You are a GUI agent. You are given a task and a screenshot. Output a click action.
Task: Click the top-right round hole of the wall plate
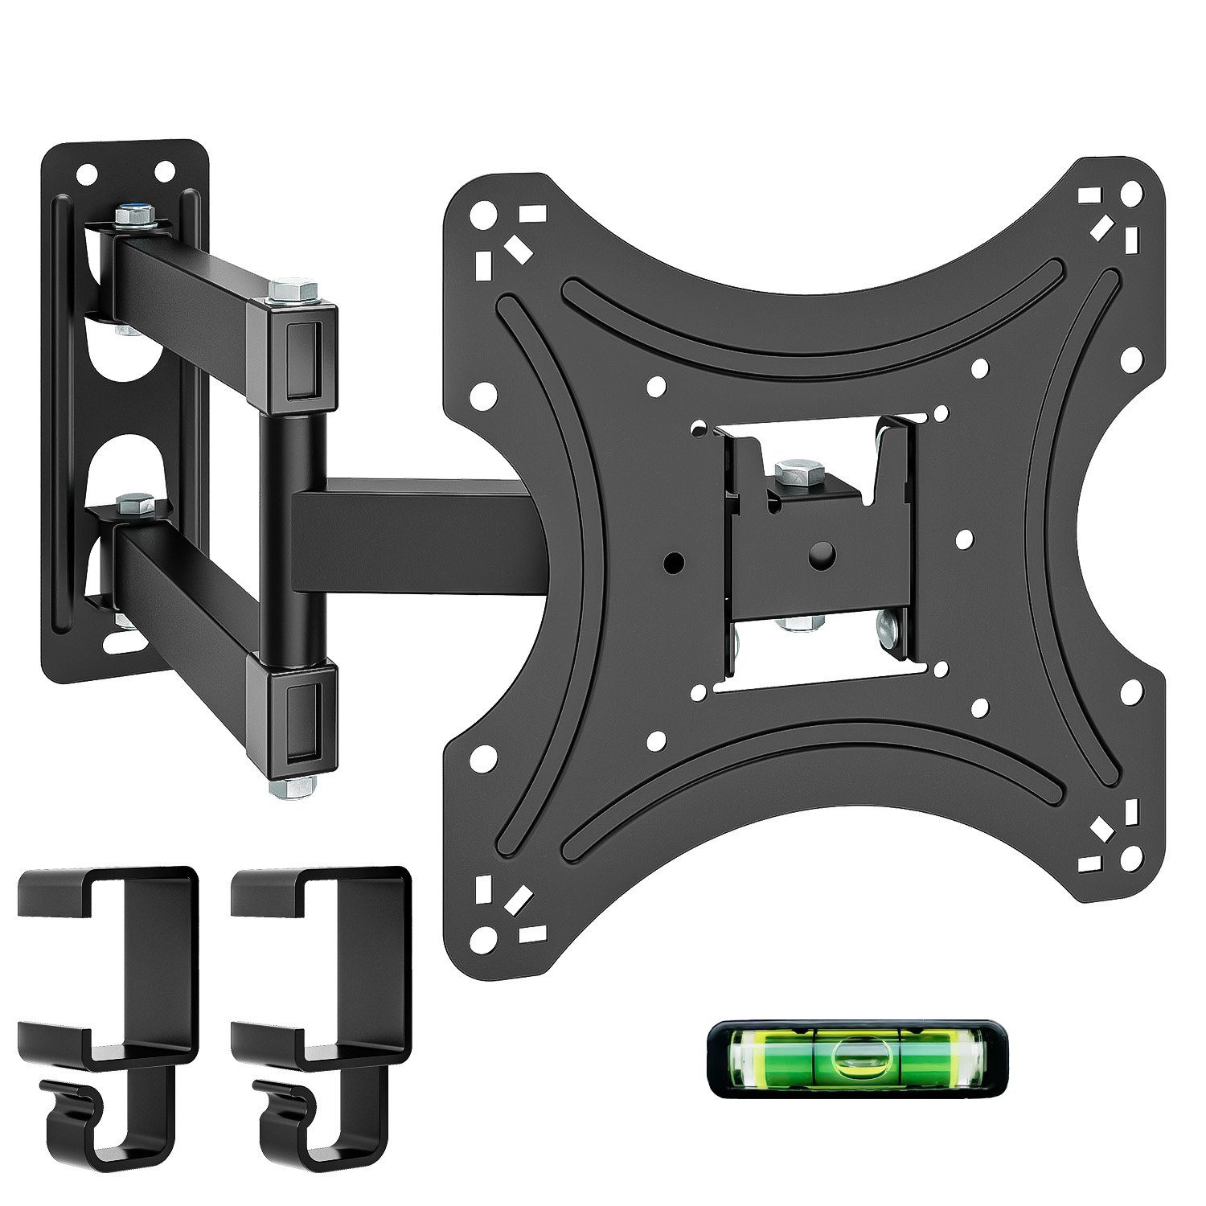pos(164,170)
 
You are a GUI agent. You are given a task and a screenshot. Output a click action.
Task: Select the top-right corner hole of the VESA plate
pos(1131,194)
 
